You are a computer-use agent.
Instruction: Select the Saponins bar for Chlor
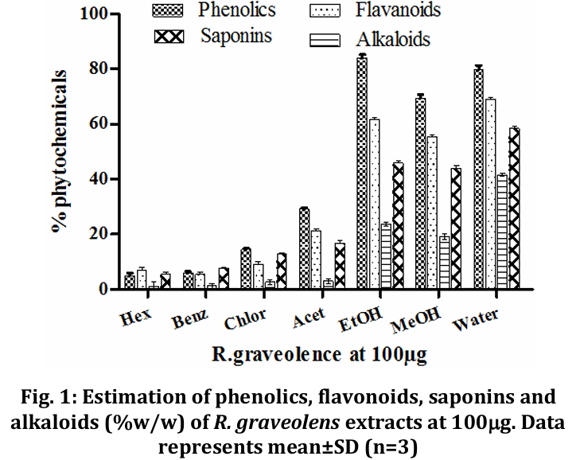click(x=281, y=271)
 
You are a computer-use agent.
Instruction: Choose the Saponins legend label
click(x=236, y=35)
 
